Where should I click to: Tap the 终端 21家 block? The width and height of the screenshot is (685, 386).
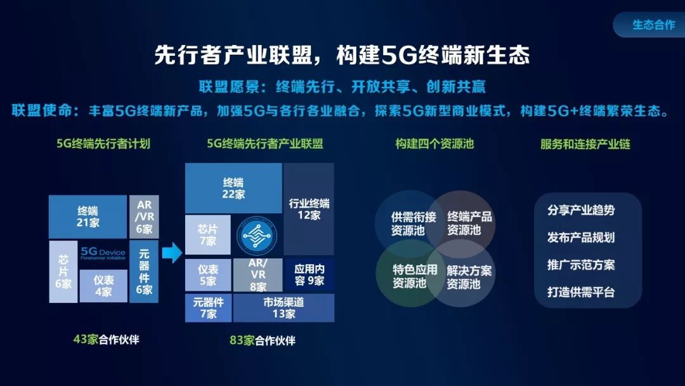point(88,217)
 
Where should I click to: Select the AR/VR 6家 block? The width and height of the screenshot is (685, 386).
point(144,217)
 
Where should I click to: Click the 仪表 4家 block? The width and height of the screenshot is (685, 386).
point(103,286)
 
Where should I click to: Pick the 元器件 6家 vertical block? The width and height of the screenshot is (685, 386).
point(144,272)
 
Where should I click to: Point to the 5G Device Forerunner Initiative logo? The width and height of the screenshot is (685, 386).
point(103,253)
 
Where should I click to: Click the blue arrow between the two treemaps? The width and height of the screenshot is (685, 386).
point(172,253)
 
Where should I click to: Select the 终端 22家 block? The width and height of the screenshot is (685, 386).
point(233,189)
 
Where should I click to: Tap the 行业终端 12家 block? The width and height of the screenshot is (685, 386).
point(309,209)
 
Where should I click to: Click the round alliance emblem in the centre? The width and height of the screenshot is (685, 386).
point(257,236)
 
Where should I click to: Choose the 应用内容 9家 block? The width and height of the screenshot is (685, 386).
point(310,275)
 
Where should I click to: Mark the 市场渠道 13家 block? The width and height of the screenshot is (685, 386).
point(284,308)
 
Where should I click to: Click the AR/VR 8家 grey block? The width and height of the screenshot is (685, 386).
point(258,275)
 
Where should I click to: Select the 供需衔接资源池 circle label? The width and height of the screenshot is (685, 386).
point(414,223)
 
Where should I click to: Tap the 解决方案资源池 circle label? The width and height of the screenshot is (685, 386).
point(469,277)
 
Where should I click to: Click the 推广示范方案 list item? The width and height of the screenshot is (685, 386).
point(581,265)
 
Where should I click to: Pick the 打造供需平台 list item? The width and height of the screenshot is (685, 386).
point(581,292)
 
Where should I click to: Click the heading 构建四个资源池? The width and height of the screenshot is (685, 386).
point(434,144)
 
